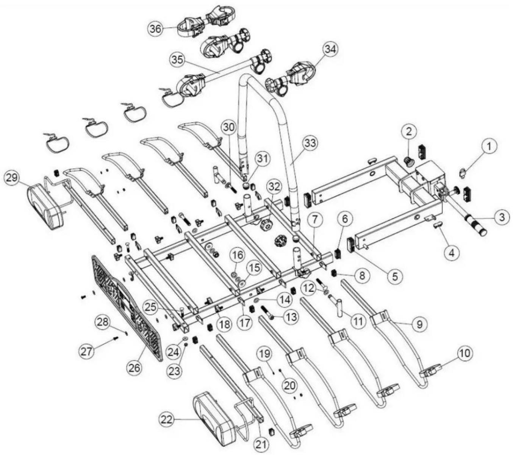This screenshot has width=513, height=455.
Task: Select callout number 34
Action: pos(330,49)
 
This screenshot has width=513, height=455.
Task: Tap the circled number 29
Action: pos(13,178)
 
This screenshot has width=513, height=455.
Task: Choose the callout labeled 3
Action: pos(501,217)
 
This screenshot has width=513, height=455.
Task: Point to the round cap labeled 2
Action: pos(409,162)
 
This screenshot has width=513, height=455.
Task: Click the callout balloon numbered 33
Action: pos(311,144)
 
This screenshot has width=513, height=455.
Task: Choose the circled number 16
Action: pos(238,255)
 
